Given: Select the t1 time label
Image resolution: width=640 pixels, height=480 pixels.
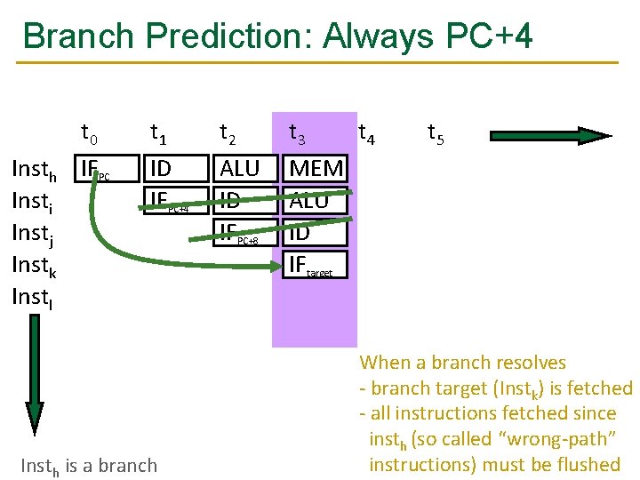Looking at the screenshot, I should (x=159, y=135).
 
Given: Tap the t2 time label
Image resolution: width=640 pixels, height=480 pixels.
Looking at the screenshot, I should (x=228, y=135).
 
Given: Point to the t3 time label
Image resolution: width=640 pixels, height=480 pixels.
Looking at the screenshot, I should (x=298, y=135).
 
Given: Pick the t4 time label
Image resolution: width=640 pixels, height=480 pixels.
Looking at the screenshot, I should (x=366, y=135).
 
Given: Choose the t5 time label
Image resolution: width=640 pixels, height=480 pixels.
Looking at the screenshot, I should (x=436, y=135).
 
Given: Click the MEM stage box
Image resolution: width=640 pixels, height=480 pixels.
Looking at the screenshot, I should (x=316, y=168).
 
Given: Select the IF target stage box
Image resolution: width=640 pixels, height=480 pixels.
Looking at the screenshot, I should (x=316, y=265).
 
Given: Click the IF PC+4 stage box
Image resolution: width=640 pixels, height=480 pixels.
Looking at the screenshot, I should (x=175, y=201).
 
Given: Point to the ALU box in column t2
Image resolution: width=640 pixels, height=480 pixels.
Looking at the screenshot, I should (x=240, y=168).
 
